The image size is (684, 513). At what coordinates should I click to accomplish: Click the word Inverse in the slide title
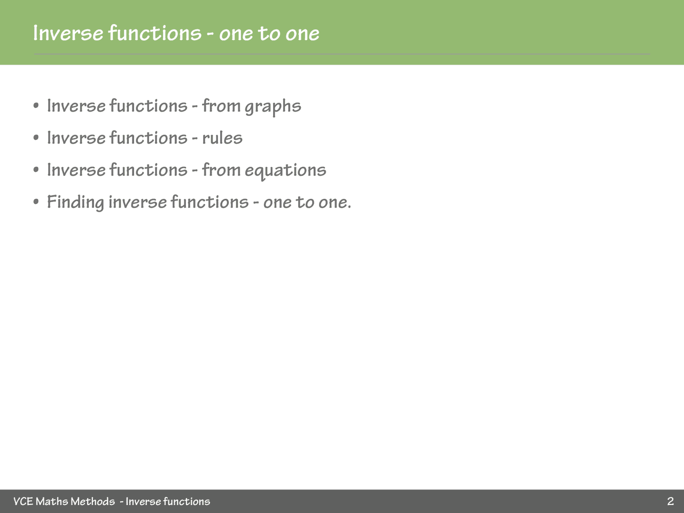(68, 33)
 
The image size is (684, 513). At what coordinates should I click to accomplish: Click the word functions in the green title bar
(155, 33)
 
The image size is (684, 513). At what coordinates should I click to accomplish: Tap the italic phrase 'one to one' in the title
(269, 33)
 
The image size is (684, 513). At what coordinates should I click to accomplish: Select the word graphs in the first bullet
(273, 107)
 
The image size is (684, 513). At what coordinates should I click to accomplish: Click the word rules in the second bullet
(222, 138)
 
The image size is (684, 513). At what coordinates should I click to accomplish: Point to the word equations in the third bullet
(285, 171)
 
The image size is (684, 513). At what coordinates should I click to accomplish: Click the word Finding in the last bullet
(75, 203)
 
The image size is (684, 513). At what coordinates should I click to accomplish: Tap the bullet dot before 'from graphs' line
(36, 106)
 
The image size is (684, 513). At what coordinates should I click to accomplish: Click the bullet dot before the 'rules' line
(36, 138)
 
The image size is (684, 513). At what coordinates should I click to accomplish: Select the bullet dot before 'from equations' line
(36, 170)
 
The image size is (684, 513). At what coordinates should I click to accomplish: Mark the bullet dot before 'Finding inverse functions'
(36, 202)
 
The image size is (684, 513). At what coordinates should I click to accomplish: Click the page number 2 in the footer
(670, 501)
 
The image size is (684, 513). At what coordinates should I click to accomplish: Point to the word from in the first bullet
(221, 106)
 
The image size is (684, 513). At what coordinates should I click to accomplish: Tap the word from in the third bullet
(221, 170)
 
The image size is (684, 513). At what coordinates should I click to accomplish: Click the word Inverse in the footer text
(143, 501)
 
